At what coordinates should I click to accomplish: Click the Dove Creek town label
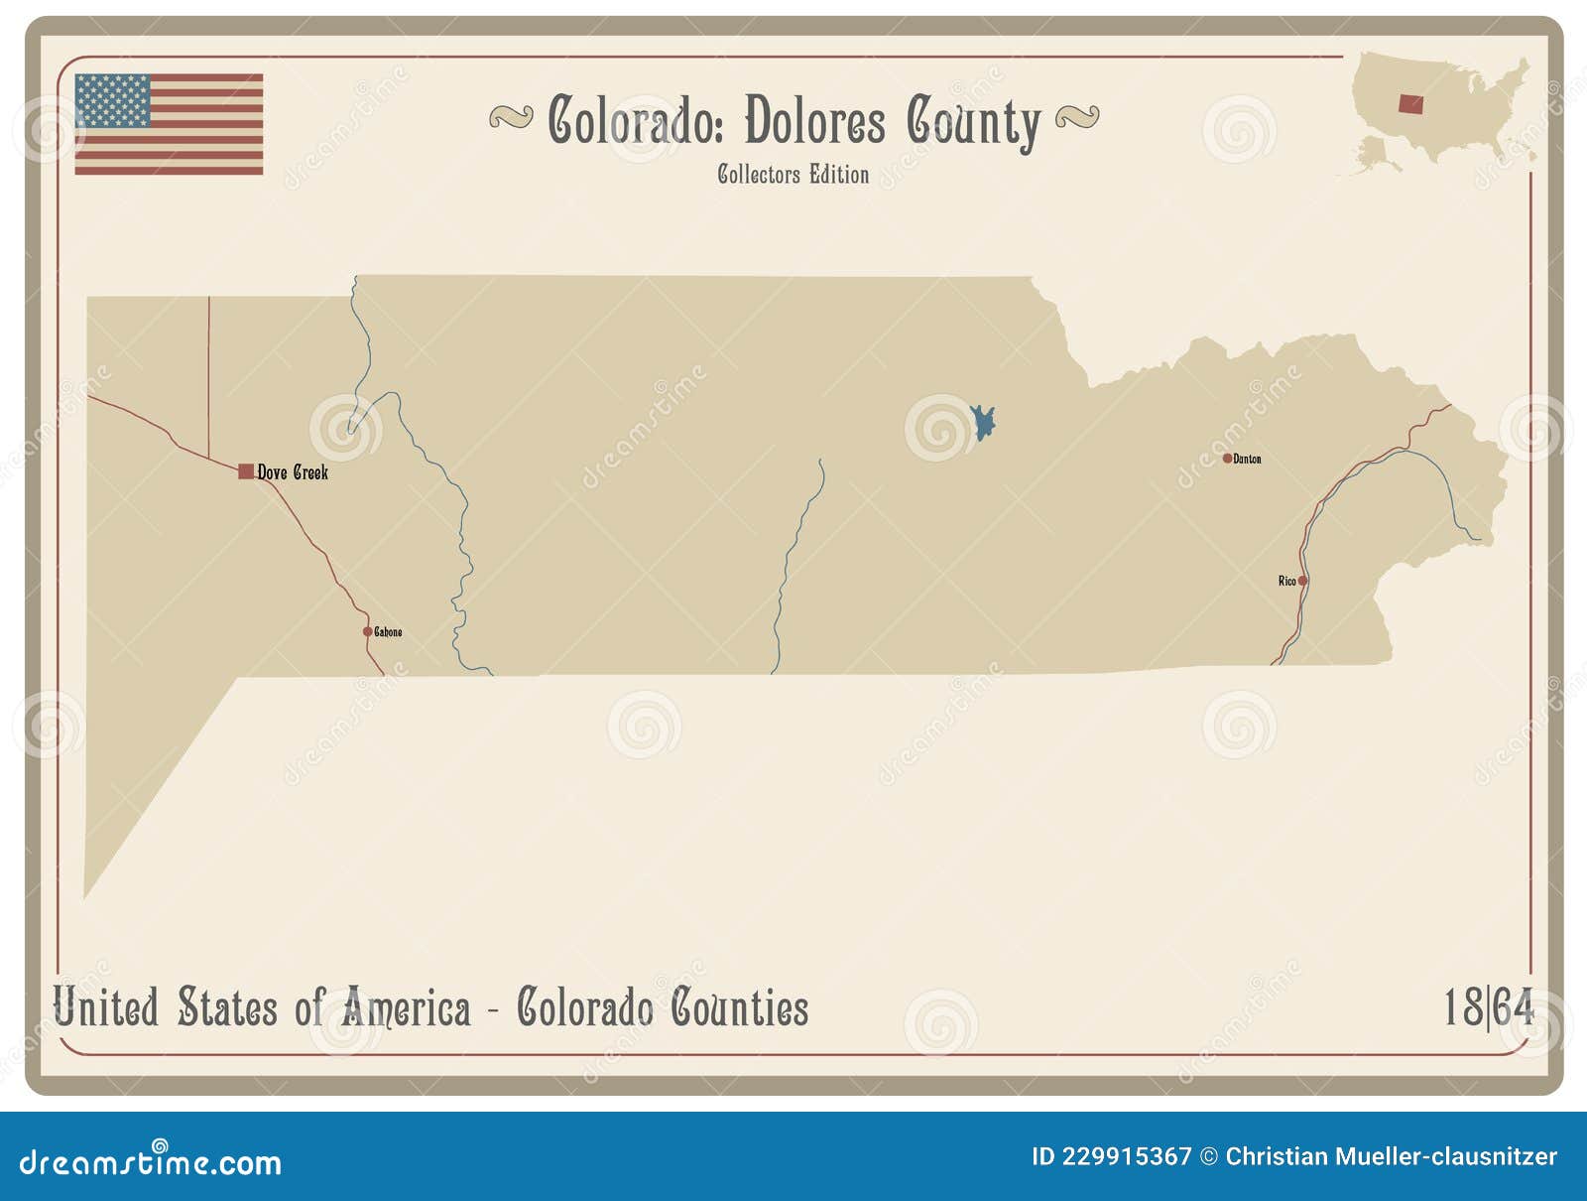(x=293, y=472)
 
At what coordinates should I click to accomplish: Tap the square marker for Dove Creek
(x=246, y=471)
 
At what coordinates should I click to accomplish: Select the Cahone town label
(x=388, y=632)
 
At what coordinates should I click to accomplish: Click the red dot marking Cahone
(x=367, y=631)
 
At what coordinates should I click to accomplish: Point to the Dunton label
(x=1248, y=459)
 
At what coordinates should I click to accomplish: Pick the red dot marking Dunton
(x=1227, y=459)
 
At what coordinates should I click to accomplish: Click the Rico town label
(x=1286, y=581)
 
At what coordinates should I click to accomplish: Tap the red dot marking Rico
(x=1302, y=581)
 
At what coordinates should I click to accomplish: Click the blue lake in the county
(x=982, y=423)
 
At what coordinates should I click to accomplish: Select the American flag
(x=169, y=124)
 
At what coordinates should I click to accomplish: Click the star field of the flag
(x=112, y=100)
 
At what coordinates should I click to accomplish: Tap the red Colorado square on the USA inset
(x=1410, y=103)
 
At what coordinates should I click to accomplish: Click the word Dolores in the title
(x=814, y=122)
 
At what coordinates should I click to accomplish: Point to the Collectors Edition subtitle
(x=793, y=175)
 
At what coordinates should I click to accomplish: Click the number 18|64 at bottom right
(x=1488, y=1007)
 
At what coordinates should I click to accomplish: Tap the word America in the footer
(x=406, y=1008)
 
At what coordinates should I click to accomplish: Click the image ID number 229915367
(x=1127, y=1156)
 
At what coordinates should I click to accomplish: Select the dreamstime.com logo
(x=151, y=1160)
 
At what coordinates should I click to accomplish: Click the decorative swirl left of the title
(x=511, y=119)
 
